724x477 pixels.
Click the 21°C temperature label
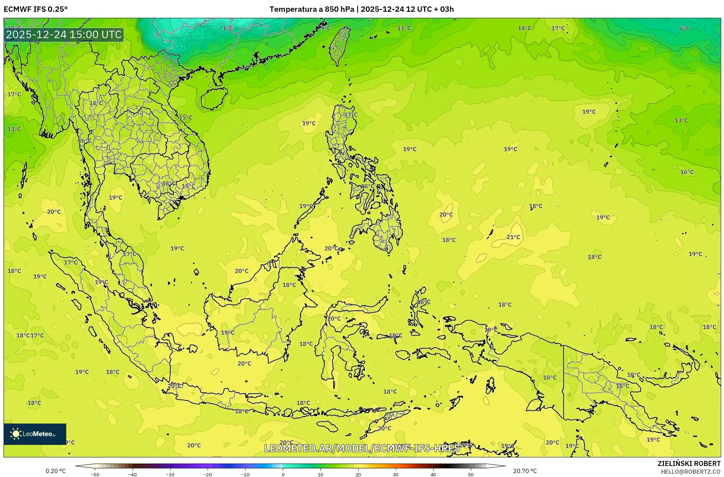pos(513,237)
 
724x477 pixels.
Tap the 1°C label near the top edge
pos(228,28)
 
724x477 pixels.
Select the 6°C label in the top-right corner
pos(684,29)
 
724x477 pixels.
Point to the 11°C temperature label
pos(404,28)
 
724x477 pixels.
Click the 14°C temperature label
pos(524,28)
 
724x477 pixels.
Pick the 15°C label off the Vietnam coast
pos(185,118)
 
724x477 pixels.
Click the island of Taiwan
pos(339,46)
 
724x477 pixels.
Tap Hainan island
pos(214,98)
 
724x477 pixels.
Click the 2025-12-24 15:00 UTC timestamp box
pos(64,35)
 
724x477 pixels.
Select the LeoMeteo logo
pos(35,434)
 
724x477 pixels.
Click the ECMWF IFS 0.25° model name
pos(36,9)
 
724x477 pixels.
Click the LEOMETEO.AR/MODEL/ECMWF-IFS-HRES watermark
pos(362,448)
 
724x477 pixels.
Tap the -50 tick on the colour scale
pos(95,475)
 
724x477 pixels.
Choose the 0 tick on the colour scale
pos(283,475)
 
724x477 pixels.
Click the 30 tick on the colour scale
pos(396,475)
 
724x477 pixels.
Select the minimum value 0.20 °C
pos(56,471)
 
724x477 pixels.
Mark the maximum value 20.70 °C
pos(525,471)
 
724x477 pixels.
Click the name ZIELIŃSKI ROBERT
pos(689,463)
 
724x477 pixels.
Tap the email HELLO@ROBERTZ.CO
pos(691,472)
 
